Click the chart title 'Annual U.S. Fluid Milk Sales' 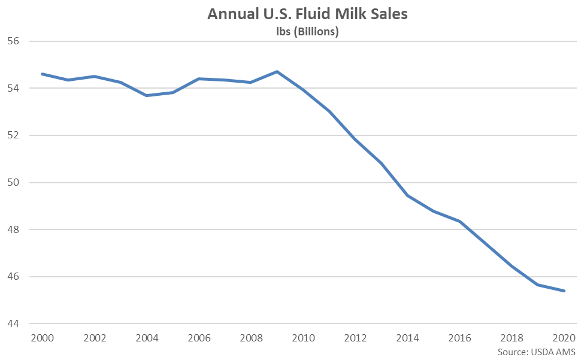click(307, 14)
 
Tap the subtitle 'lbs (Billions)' click(307, 32)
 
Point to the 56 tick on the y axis click(13, 41)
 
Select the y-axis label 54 click(13, 88)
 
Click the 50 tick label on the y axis click(13, 183)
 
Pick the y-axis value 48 click(13, 229)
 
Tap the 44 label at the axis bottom click(13, 324)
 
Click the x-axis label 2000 click(42, 338)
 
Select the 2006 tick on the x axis click(199, 338)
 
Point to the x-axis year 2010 click(303, 338)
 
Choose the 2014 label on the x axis click(407, 338)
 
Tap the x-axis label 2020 click(564, 338)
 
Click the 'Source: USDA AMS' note click(536, 352)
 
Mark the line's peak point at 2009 click(277, 71)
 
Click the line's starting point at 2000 click(42, 74)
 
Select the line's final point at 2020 click(564, 291)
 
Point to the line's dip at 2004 click(147, 96)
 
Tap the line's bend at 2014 click(407, 195)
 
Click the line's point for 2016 click(459, 221)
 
